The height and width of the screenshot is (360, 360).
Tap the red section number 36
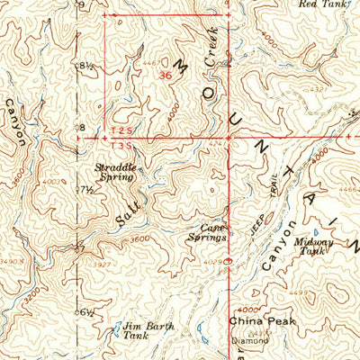pos(164,76)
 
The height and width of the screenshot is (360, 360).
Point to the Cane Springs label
pos(207,233)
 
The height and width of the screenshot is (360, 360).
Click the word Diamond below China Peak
pos(252,341)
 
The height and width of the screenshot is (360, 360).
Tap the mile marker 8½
pos(87,66)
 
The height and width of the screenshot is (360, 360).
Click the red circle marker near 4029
pos(227,264)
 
